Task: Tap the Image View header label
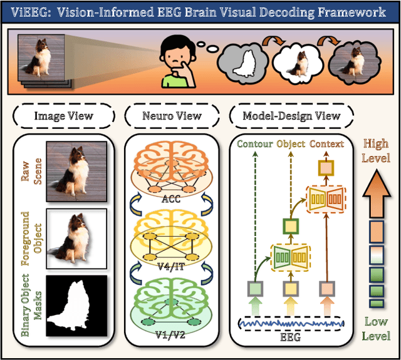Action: [x=63, y=115]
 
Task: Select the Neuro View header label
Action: [x=172, y=115]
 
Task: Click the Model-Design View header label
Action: [x=291, y=115]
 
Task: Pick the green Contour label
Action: [x=254, y=144]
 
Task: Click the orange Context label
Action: [x=327, y=144]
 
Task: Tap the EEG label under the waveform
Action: [x=291, y=336]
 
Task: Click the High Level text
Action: [x=376, y=151]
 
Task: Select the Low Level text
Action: [x=376, y=330]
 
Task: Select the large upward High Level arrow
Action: [x=376, y=191]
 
